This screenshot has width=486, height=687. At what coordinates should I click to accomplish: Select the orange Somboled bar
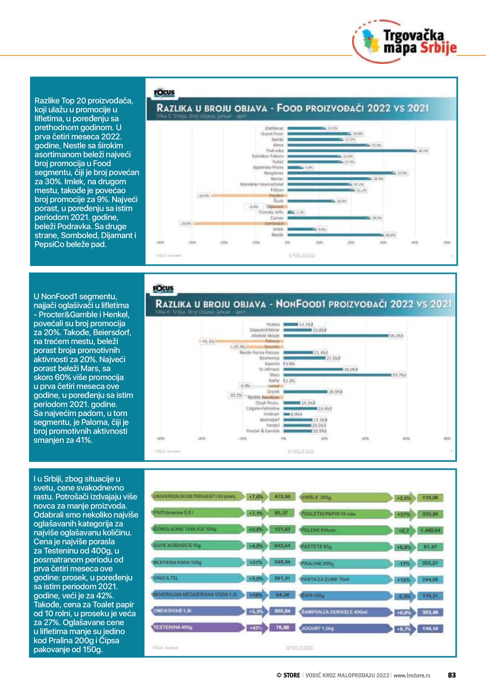coord(239,224)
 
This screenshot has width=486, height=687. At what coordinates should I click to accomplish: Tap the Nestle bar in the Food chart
coord(335,235)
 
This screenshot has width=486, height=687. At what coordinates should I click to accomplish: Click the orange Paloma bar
coord(248,341)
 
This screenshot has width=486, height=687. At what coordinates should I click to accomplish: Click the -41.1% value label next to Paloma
coord(207,341)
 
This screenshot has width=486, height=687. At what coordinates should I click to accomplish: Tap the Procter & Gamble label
coord(263,431)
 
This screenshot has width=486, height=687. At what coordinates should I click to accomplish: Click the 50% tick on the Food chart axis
coord(446,242)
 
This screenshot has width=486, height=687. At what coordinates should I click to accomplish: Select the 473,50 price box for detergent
coord(282,497)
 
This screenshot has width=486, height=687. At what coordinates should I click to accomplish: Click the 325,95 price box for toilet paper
coord(430,514)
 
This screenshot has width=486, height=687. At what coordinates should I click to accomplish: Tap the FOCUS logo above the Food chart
coord(164,93)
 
